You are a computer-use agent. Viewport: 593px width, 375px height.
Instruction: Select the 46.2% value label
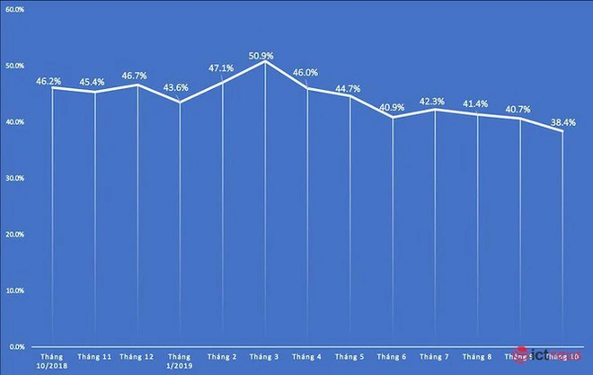pos(49,81)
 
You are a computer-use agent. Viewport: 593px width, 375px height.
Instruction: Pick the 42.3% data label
pos(433,102)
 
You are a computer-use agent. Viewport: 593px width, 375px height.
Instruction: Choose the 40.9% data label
pos(392,108)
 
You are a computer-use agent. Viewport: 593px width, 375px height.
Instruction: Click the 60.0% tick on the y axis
pos(14,9)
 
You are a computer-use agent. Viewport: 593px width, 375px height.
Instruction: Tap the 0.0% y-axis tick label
pos(16,346)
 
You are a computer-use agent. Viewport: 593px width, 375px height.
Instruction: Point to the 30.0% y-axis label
pos(14,178)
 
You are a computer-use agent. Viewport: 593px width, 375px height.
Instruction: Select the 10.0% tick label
pos(14,290)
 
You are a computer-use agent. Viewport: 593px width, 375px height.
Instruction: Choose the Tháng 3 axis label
pos(264,357)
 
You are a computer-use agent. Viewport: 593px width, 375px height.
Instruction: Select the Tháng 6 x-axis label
pos(393,357)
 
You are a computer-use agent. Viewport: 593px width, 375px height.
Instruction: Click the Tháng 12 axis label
pos(137,357)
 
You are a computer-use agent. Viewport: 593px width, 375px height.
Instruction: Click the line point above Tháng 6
pos(393,117)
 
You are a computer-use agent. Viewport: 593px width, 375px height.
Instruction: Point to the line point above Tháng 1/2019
pos(180,103)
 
